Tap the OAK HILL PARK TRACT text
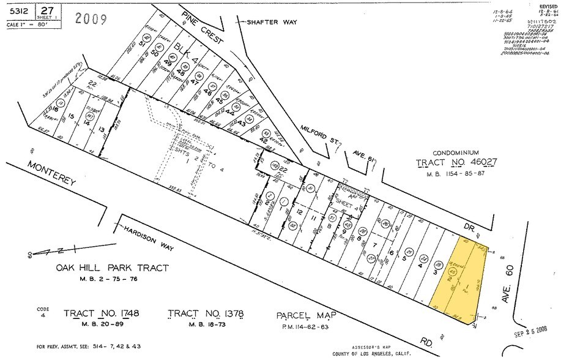pos(112,268)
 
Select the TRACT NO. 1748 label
pos(102,314)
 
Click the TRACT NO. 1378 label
pos(206,315)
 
